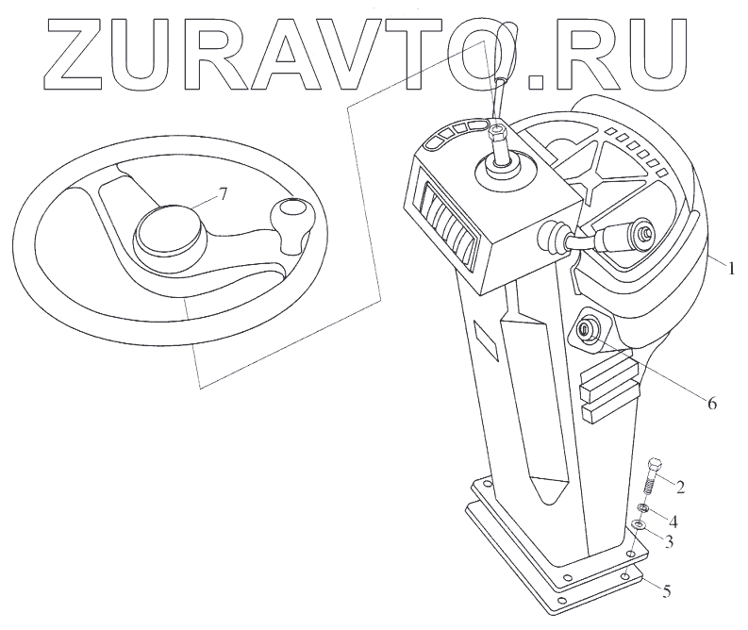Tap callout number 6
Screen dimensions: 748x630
coord(711,404)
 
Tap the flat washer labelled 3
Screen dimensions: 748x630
coord(638,525)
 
